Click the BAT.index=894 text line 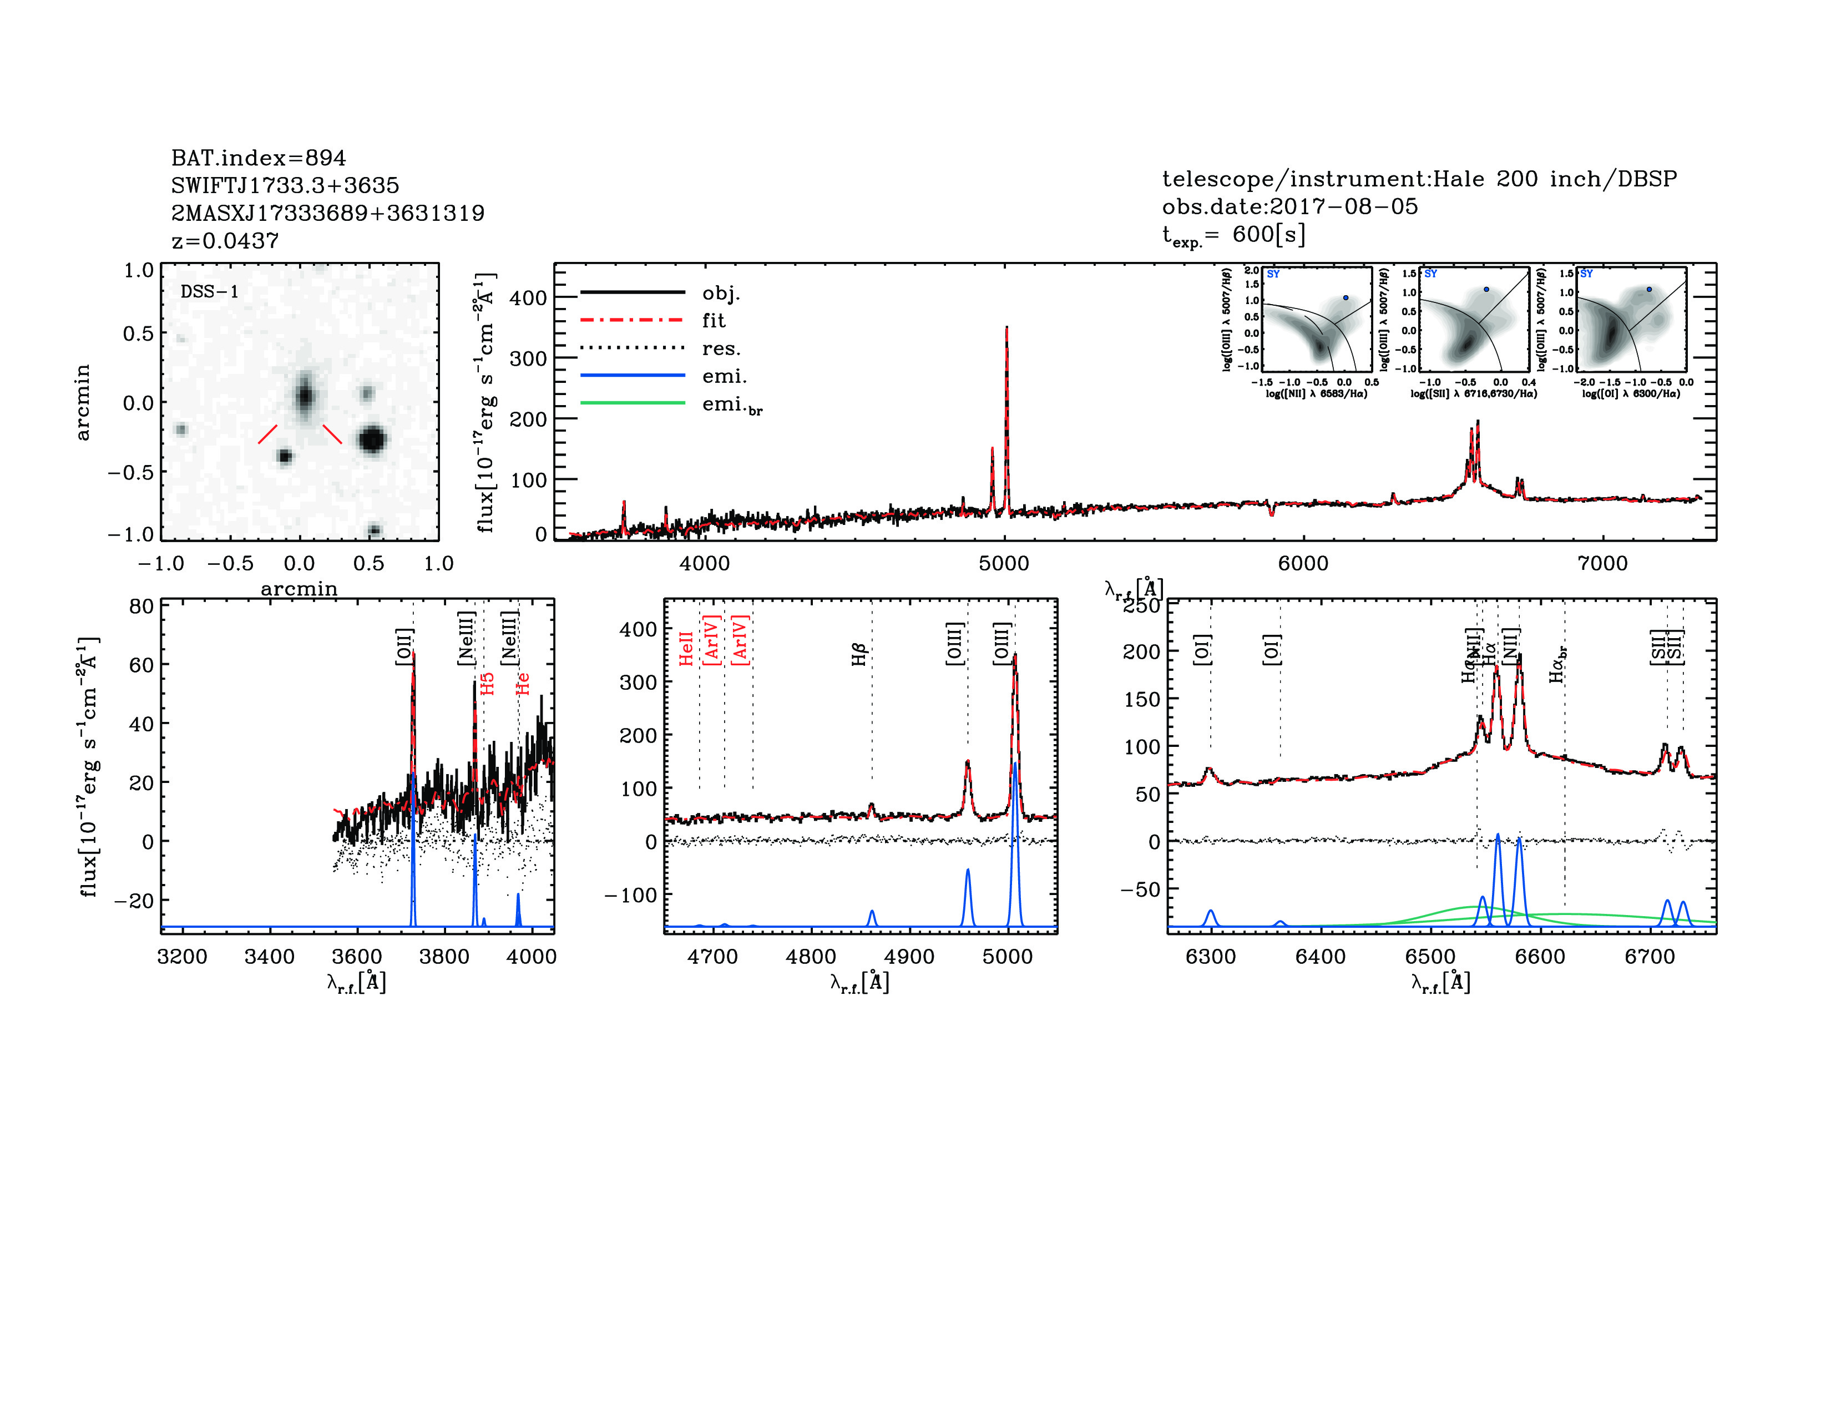coord(258,158)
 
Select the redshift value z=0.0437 coord(225,241)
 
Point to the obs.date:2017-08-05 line coord(1289,206)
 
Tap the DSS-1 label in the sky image coord(210,292)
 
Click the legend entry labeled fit coord(714,320)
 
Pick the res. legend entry coord(721,348)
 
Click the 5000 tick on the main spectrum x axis coord(1004,563)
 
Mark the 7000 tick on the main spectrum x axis coord(1602,563)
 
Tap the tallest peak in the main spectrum coord(1006,328)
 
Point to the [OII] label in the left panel coord(404,646)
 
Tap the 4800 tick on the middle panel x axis coord(811,957)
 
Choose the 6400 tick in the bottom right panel coord(1321,957)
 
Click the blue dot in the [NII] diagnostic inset coord(1346,297)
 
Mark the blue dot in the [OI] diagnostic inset coord(1649,289)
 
